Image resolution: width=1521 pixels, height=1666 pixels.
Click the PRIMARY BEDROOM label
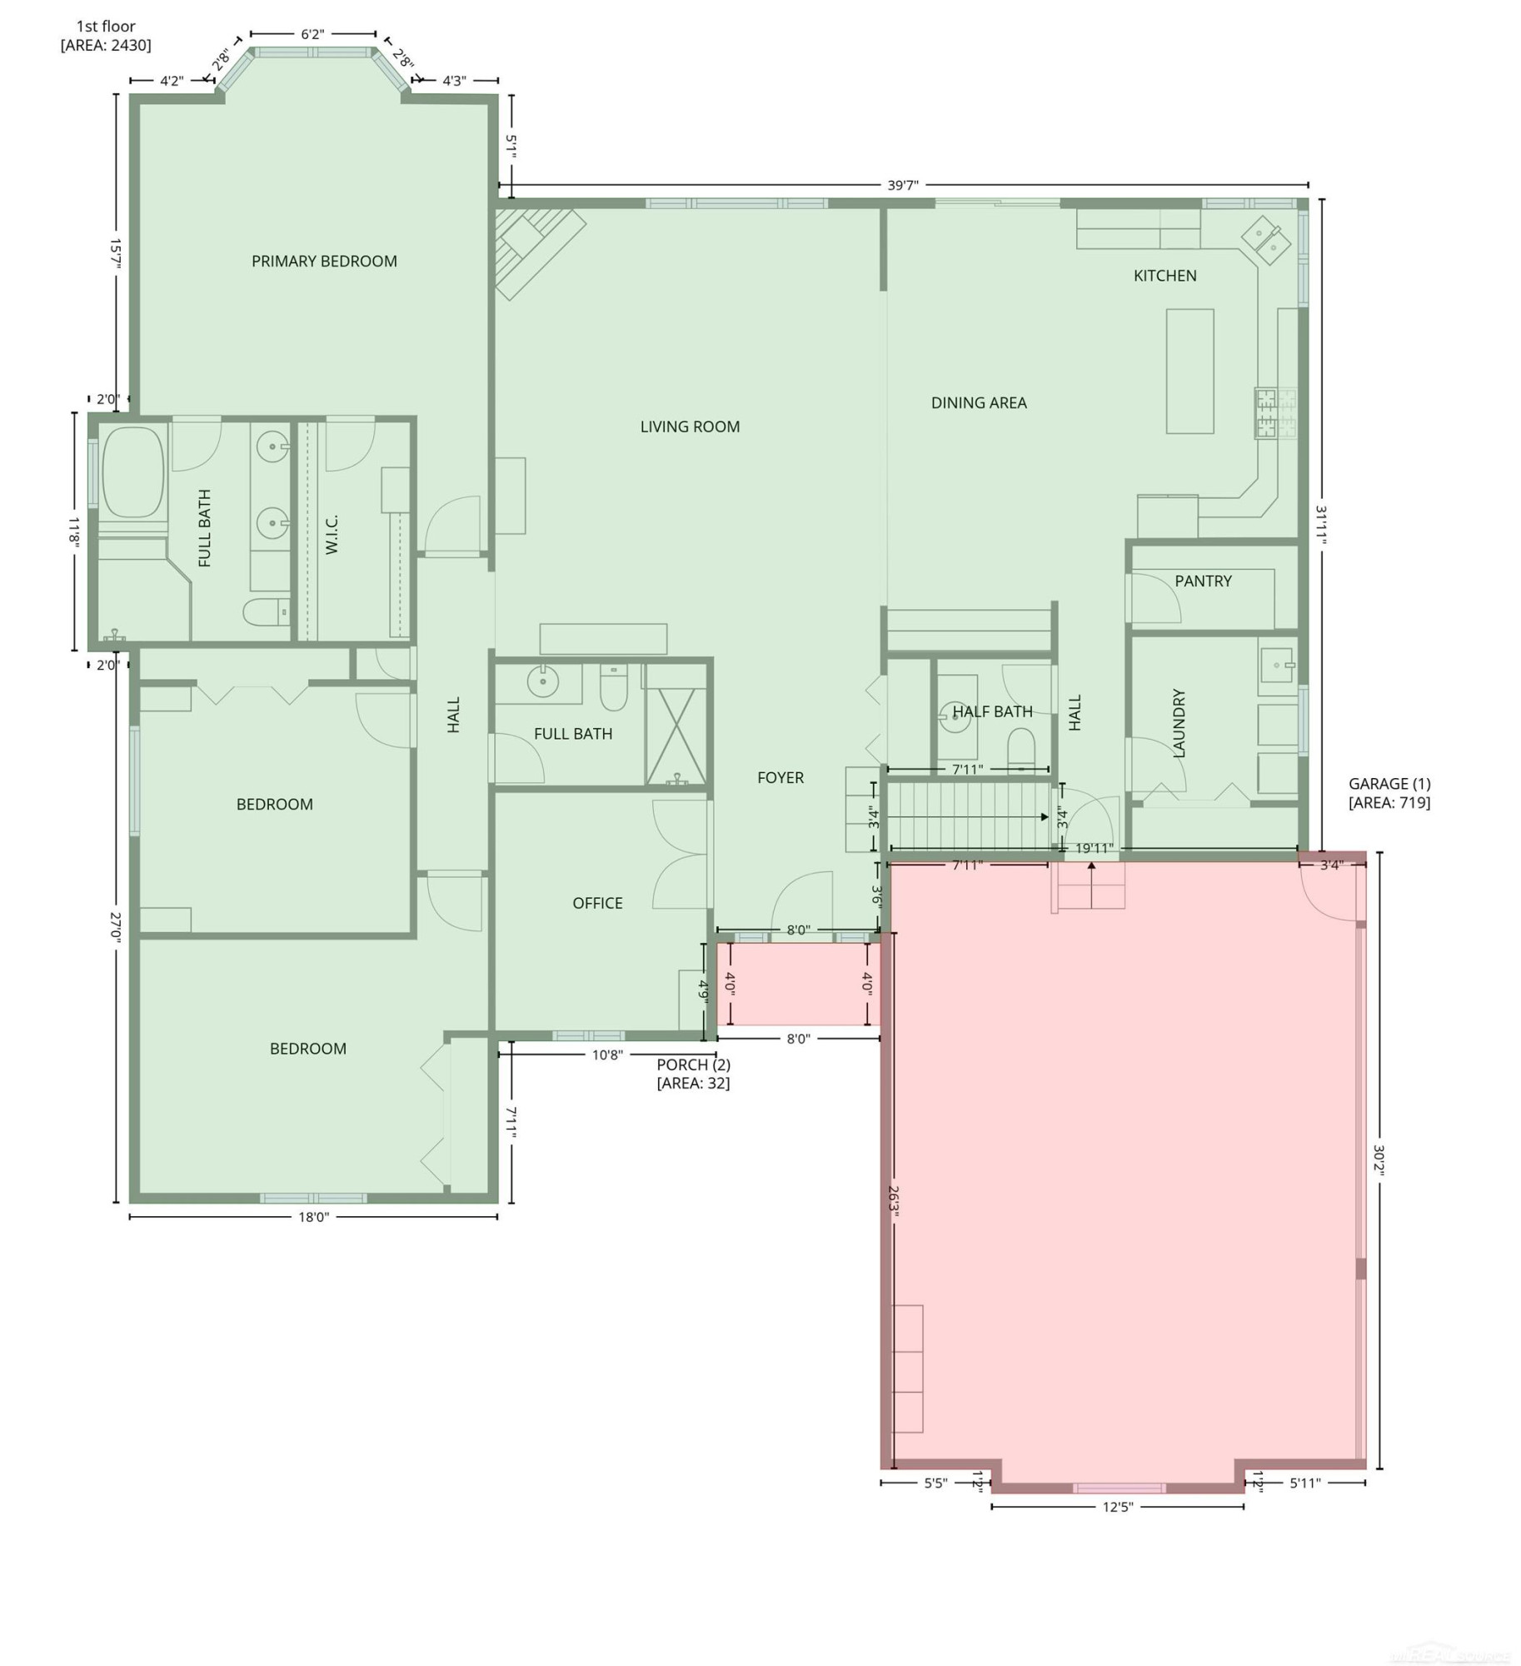tap(324, 262)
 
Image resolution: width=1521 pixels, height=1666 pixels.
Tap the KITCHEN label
tap(1164, 276)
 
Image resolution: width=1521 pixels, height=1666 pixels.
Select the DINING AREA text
tap(979, 403)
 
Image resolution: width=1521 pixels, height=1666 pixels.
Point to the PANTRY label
tap(1203, 581)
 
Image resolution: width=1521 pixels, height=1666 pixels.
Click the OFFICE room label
tap(597, 903)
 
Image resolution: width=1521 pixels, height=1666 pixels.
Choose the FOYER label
tap(780, 778)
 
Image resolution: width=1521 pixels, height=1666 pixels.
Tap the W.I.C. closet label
tap(332, 535)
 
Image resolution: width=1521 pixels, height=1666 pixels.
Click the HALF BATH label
tap(992, 711)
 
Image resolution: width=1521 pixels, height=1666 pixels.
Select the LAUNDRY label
tap(1179, 723)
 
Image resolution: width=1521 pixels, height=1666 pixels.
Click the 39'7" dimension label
tap(903, 185)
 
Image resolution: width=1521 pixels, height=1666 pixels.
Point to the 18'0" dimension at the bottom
tap(314, 1217)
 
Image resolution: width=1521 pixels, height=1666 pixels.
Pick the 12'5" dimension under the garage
tap(1117, 1506)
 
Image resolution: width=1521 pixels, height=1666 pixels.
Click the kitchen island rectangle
tap(1189, 372)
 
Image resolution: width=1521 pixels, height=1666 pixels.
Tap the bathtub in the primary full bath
tap(132, 473)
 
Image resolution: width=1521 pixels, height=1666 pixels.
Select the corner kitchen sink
tap(1266, 240)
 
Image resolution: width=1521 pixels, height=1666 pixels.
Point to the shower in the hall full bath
tap(676, 736)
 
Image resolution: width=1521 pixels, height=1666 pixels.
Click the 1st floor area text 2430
tap(106, 45)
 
